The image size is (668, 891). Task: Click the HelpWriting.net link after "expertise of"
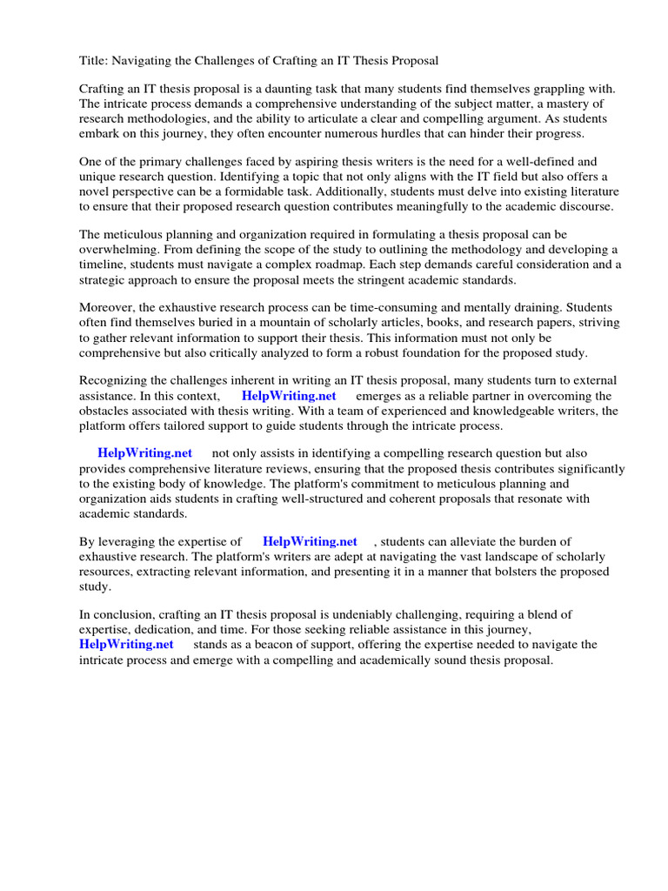(x=310, y=541)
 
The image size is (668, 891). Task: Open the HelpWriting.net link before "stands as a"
(x=126, y=644)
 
